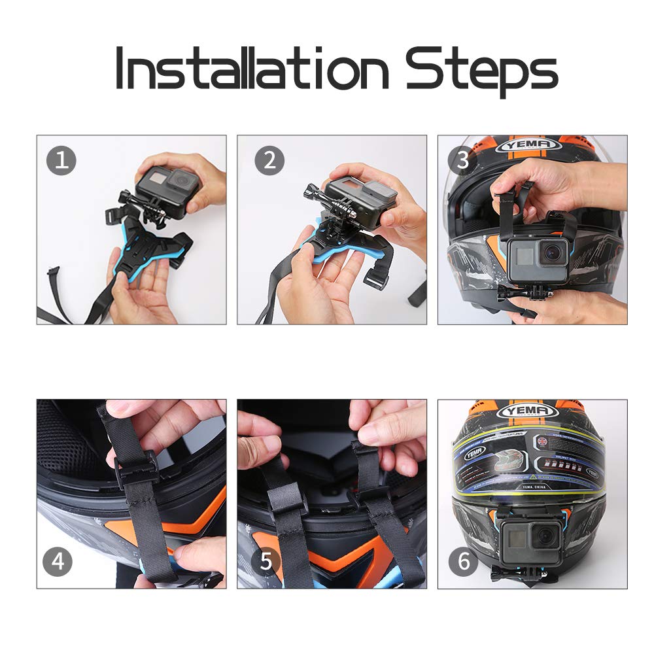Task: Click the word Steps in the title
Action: [481, 69]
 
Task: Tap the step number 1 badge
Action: [61, 161]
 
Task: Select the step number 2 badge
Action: [269, 161]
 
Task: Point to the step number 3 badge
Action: [462, 161]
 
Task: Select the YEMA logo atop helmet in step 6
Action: [528, 411]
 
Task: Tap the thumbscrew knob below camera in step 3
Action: [509, 292]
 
